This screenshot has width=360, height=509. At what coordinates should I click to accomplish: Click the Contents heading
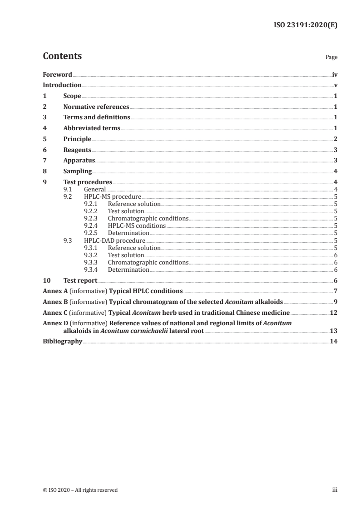coord(62,56)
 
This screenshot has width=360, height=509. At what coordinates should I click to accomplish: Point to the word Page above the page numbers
coord(331,58)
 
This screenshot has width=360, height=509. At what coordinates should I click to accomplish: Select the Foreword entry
coord(57,74)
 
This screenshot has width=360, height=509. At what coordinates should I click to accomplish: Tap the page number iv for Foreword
coord(335,74)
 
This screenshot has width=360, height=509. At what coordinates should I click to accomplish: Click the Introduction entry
coord(62,85)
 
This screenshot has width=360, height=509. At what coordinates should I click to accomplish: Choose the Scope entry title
coord(72,96)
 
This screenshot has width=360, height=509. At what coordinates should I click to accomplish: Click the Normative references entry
coord(96,107)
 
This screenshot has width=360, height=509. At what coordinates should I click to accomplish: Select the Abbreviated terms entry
coord(92,128)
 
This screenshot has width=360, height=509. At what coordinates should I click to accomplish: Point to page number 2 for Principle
coord(335,139)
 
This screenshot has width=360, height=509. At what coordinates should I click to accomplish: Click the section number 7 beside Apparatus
coord(44,161)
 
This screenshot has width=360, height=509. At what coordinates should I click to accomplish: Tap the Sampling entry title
coord(78,171)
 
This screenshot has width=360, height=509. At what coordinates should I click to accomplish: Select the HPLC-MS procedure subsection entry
coord(113,197)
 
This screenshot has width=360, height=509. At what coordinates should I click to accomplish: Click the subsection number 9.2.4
coord(91,225)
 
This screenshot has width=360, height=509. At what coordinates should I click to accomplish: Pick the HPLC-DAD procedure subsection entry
coord(114,240)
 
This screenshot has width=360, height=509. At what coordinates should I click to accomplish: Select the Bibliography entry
coord(62,342)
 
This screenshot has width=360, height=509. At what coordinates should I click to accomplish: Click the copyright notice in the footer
coord(80,490)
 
